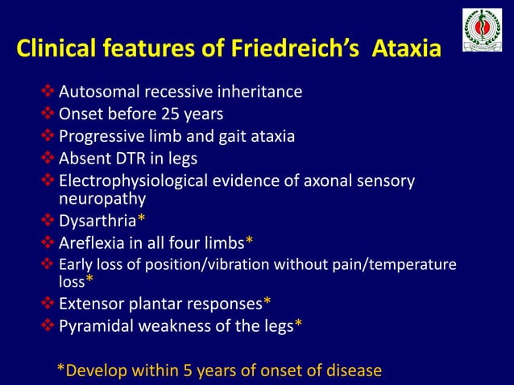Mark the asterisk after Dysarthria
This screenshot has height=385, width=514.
tap(141, 219)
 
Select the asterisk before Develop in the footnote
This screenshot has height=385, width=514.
tap(60, 369)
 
